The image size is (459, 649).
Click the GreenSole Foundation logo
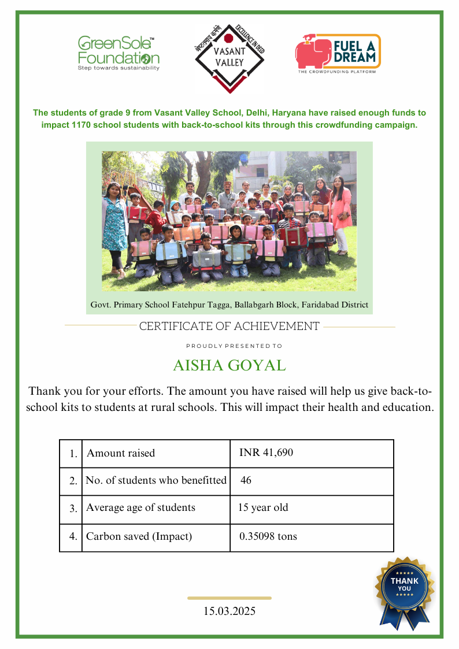(119, 53)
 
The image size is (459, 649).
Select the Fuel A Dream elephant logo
(338, 53)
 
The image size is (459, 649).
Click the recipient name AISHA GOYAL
(229, 366)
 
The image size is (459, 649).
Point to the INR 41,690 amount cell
(266, 453)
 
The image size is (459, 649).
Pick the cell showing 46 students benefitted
(246, 480)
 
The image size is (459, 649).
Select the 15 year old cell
(263, 508)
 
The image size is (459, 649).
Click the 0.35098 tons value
(268, 536)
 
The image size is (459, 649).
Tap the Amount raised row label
(121, 453)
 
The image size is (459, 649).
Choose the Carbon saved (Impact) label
(139, 536)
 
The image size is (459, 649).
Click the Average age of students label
(140, 508)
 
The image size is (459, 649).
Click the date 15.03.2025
(229, 611)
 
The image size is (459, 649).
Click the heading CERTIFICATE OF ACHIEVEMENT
(229, 327)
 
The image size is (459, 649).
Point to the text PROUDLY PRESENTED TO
(234, 346)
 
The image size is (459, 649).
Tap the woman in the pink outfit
(341, 211)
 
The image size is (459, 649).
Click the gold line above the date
(229, 598)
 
